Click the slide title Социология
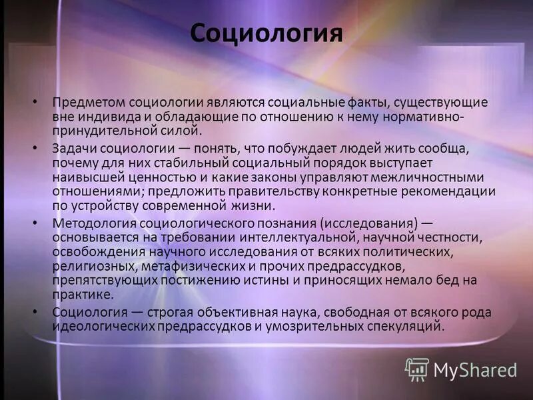pos(266,33)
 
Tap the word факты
pos(364,103)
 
